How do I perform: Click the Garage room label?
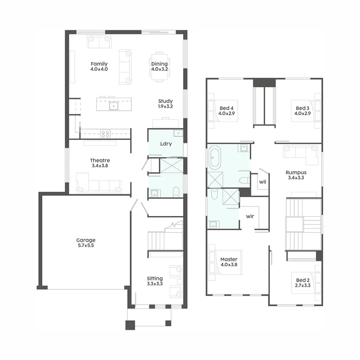coord(86,243)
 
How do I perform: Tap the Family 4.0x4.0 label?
coord(99,66)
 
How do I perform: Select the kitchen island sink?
coord(114,106)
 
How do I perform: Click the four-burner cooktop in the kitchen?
coord(105,134)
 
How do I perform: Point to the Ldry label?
coord(166,144)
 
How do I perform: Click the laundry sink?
coord(178,133)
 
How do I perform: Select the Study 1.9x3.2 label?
coord(165,103)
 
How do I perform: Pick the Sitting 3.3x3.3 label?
coord(155,281)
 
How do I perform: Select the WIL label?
coord(262,182)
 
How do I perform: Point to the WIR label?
coord(250,216)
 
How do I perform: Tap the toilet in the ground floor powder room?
coord(176,192)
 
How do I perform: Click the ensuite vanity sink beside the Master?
coord(213,224)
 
